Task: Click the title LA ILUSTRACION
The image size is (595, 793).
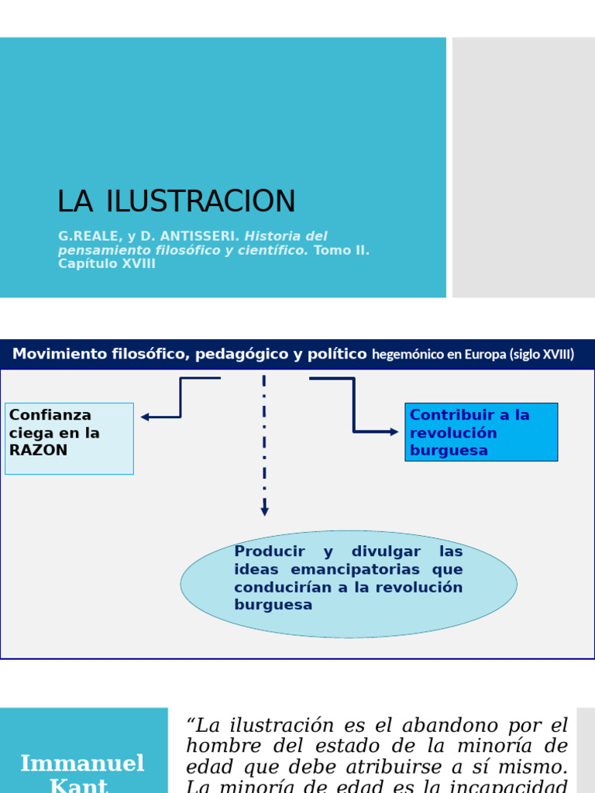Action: tap(177, 201)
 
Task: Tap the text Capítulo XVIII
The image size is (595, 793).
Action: tap(107, 264)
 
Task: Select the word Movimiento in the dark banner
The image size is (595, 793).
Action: tap(59, 355)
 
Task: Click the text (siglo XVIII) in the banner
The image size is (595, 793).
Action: tap(542, 355)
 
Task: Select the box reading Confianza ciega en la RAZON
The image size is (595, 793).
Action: tap(69, 438)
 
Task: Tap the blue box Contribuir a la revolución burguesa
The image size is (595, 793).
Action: tap(481, 432)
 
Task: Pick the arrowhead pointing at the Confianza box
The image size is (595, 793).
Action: tap(145, 417)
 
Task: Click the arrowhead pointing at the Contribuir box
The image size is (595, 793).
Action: tap(394, 431)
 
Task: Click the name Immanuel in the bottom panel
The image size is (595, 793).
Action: tap(82, 764)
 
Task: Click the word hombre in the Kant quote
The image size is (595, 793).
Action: tap(213, 747)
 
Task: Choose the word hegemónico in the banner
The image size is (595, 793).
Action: tap(409, 355)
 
